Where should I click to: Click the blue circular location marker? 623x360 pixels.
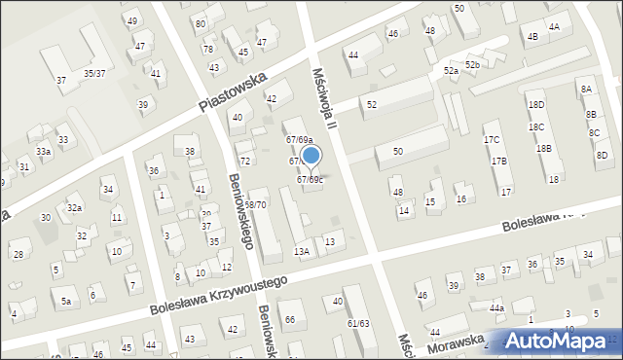pyautogui.click(x=311, y=155)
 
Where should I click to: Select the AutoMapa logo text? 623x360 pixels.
pyautogui.click(x=564, y=342)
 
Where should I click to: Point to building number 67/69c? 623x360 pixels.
pyautogui.click(x=311, y=179)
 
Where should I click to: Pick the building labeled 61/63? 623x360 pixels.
pyautogui.click(x=358, y=323)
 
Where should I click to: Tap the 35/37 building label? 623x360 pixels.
pyautogui.click(x=94, y=74)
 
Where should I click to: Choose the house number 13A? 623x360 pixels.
pyautogui.click(x=302, y=252)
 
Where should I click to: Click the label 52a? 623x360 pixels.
pyautogui.click(x=451, y=71)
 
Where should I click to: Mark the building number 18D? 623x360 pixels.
pyautogui.click(x=536, y=104)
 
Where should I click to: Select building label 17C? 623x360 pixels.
pyautogui.click(x=492, y=140)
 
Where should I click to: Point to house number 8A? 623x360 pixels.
pyautogui.click(x=586, y=90)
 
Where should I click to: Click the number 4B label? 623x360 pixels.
pyautogui.click(x=531, y=37)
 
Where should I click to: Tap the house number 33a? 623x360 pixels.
pyautogui.click(x=44, y=152)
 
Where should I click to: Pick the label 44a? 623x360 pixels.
pyautogui.click(x=496, y=307)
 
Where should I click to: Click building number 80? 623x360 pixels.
pyautogui.click(x=200, y=23)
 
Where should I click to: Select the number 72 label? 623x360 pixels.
pyautogui.click(x=245, y=161)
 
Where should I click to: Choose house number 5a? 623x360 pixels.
pyautogui.click(x=66, y=302)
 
